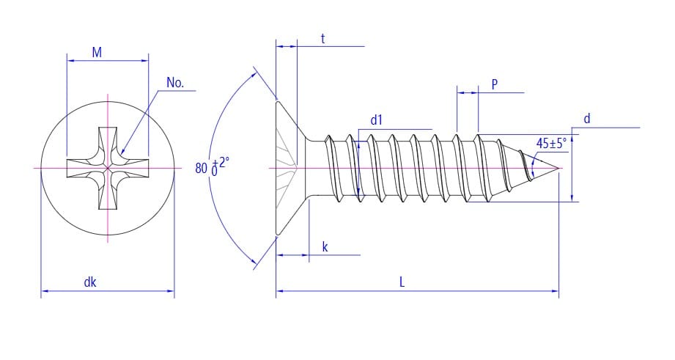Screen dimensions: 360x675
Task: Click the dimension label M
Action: click(97, 52)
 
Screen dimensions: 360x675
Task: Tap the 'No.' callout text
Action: click(175, 83)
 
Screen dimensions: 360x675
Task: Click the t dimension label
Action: click(322, 39)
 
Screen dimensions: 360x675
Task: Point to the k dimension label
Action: click(325, 247)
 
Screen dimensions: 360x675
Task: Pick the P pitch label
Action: click(495, 84)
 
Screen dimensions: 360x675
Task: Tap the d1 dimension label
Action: click(377, 120)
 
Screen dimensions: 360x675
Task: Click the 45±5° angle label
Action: click(551, 143)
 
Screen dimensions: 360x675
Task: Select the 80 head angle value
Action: click(201, 168)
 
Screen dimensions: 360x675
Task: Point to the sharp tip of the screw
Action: click(561, 169)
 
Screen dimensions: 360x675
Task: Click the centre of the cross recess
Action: click(108, 168)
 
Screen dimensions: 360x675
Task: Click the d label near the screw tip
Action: click(586, 119)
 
